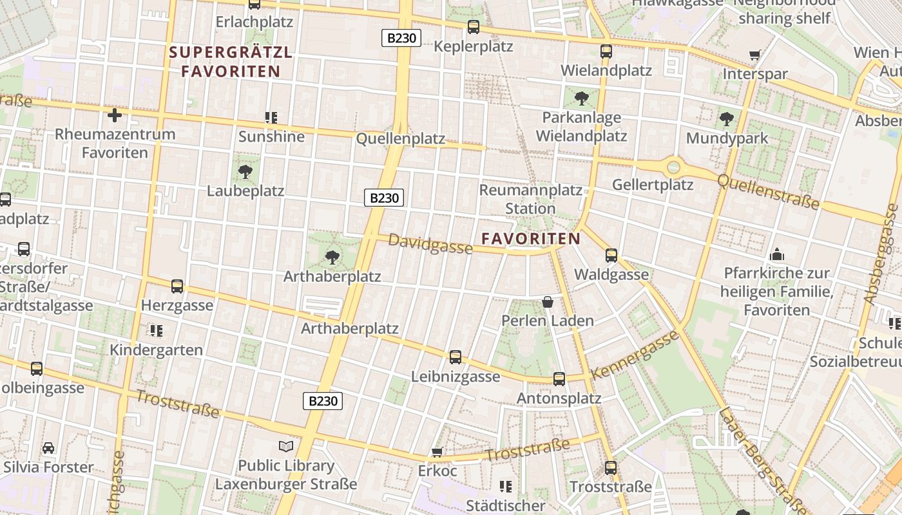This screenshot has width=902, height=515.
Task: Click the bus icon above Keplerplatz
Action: click(x=474, y=26)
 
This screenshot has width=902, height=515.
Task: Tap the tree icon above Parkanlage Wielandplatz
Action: click(x=581, y=98)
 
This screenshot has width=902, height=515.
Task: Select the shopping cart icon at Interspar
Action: click(x=754, y=55)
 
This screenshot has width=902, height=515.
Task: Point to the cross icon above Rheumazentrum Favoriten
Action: click(x=115, y=115)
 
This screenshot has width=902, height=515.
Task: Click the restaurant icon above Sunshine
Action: click(x=271, y=117)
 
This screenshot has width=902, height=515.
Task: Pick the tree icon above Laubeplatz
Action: click(x=245, y=171)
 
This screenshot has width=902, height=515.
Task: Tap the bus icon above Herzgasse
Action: click(x=177, y=286)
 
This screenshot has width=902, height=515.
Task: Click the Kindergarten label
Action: click(x=156, y=350)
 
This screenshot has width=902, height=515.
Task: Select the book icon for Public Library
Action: click(x=286, y=446)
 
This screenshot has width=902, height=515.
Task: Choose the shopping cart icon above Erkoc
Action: click(x=437, y=452)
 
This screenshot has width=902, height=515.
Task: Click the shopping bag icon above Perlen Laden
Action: click(x=548, y=301)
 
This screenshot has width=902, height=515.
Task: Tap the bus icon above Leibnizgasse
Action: click(x=456, y=357)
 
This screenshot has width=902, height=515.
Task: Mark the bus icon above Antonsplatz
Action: click(x=559, y=379)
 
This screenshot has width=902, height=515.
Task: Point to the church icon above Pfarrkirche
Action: click(x=777, y=254)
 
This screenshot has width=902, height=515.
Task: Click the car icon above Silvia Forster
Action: click(x=48, y=447)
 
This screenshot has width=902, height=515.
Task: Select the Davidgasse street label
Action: click(x=430, y=244)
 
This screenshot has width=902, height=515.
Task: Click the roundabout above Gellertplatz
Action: click(x=673, y=167)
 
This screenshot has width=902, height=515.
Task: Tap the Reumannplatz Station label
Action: click(x=530, y=200)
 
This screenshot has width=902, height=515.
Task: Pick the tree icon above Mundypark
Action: click(x=727, y=119)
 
